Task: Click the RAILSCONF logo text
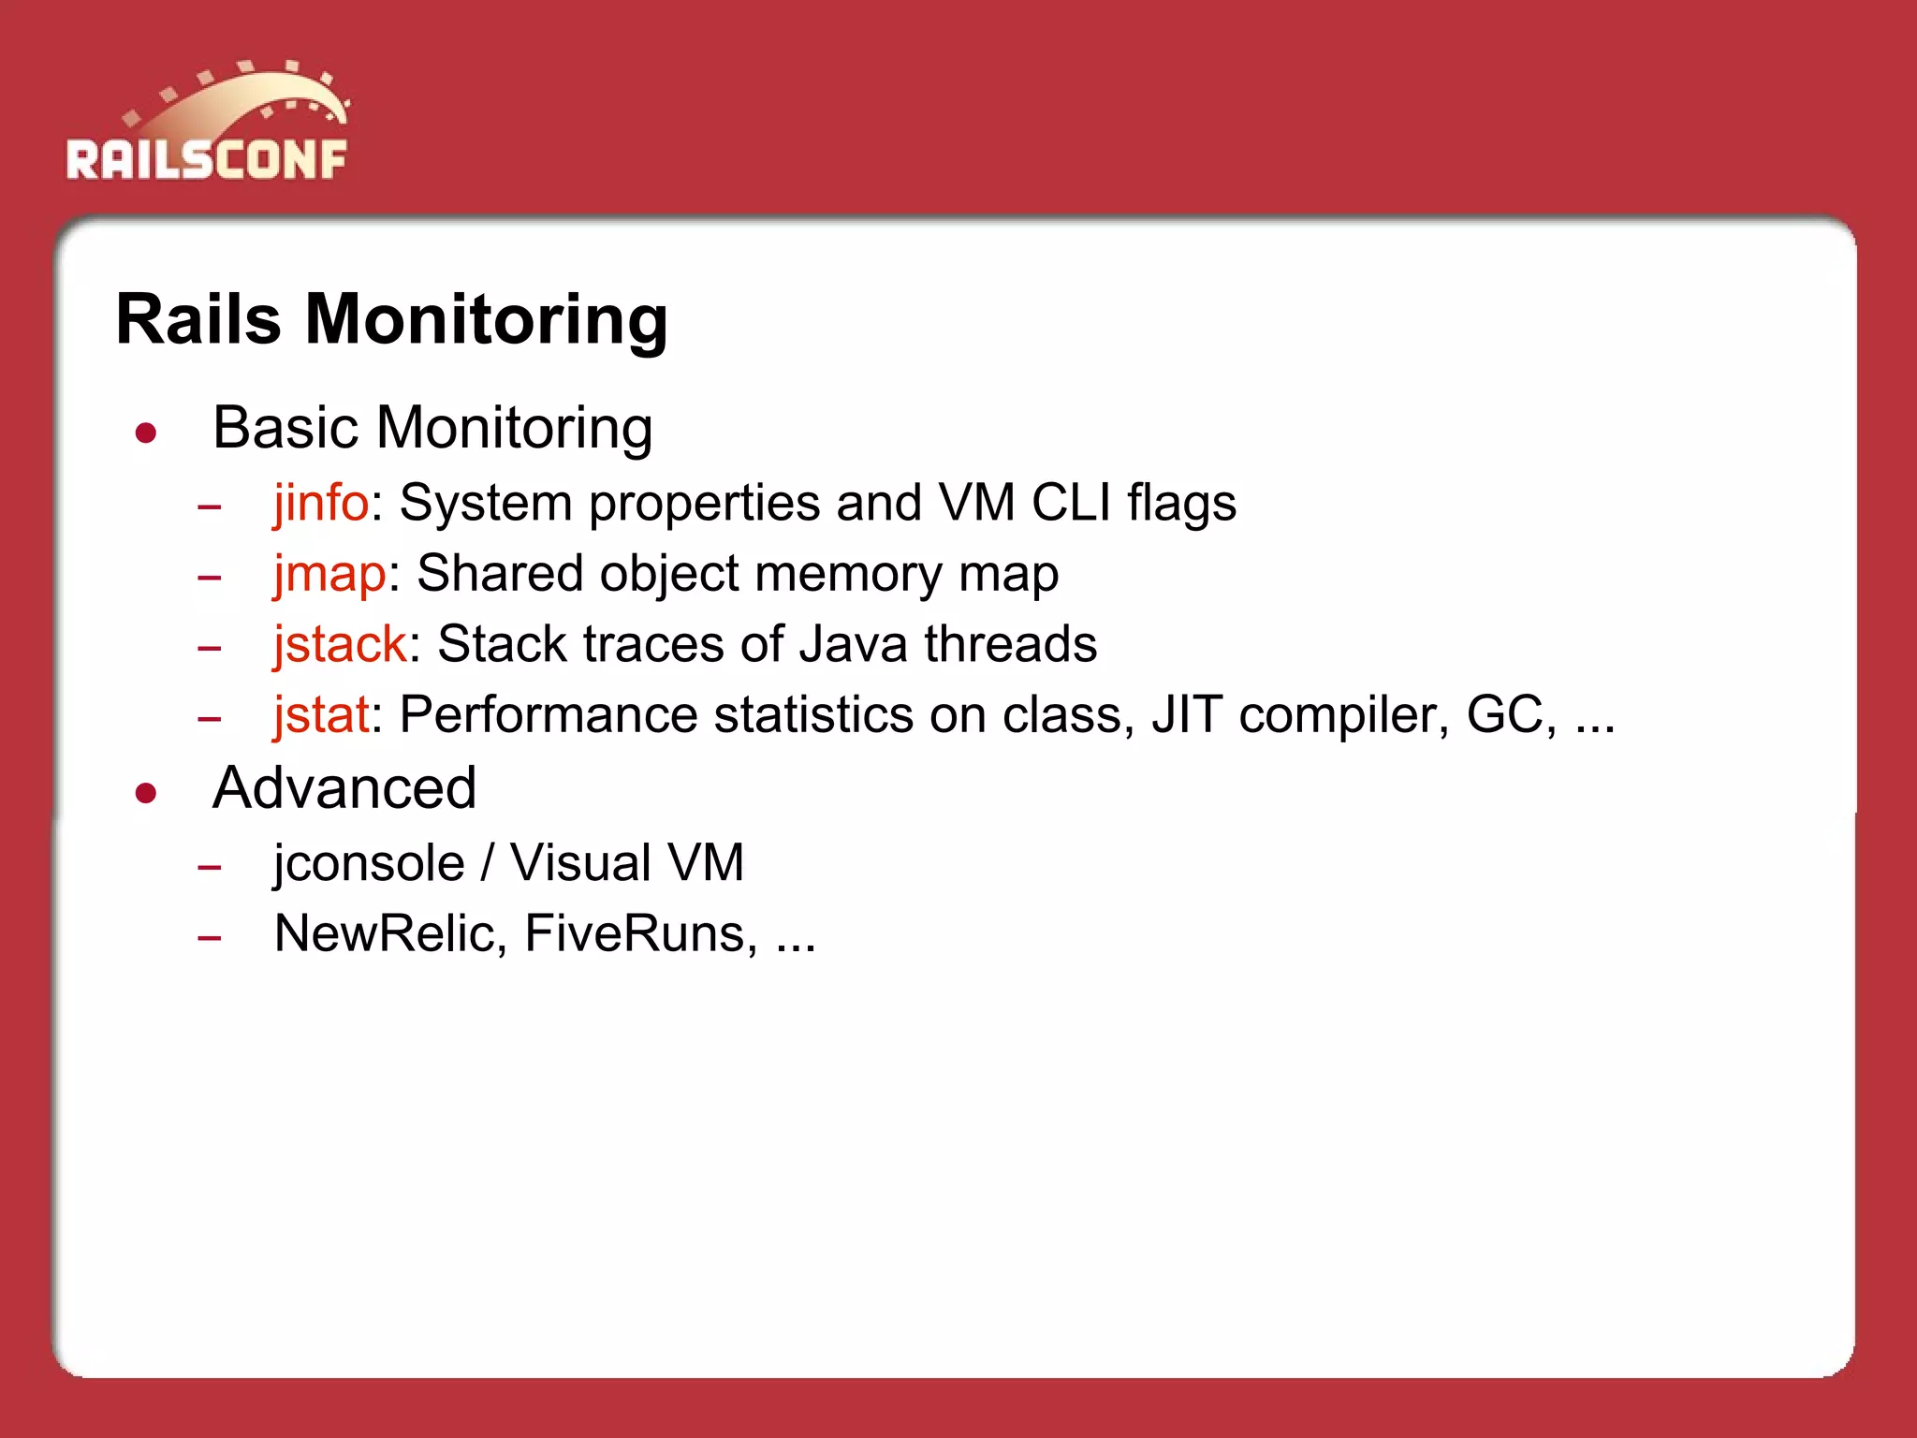coord(206,159)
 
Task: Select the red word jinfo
coord(321,503)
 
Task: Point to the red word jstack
coord(340,644)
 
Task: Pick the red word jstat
coord(321,715)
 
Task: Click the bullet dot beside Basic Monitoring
coord(145,433)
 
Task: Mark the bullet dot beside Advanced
coord(145,794)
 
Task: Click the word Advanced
coord(344,788)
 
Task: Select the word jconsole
coord(369,862)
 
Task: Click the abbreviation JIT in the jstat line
coord(1187,715)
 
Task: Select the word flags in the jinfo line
coord(1181,503)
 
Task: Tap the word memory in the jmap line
coord(852,573)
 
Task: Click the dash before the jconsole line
coord(210,867)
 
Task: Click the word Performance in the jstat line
coord(549,715)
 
